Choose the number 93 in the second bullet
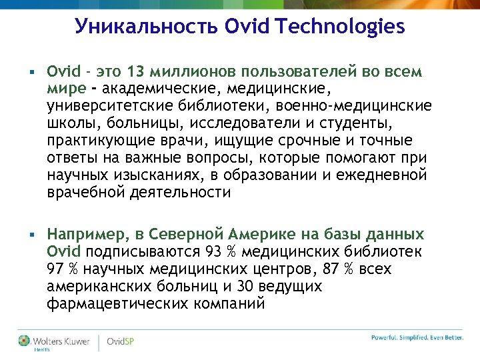tap(213, 251)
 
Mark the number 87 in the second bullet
tap(336, 269)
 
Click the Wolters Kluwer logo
tap(53, 341)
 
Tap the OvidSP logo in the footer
tap(121, 341)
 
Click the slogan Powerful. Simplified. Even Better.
tap(417, 337)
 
